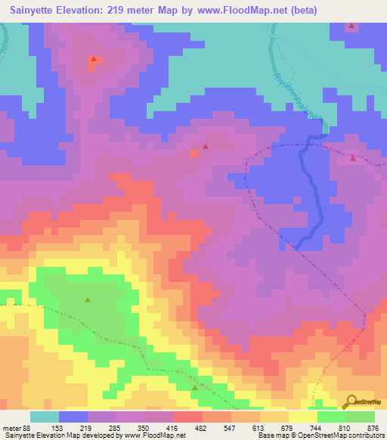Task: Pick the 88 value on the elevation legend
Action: coord(26,428)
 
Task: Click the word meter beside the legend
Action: coord(11,428)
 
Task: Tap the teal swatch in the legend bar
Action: coord(45,417)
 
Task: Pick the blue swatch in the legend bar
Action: coord(73,417)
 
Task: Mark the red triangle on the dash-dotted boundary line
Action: coord(353,157)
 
